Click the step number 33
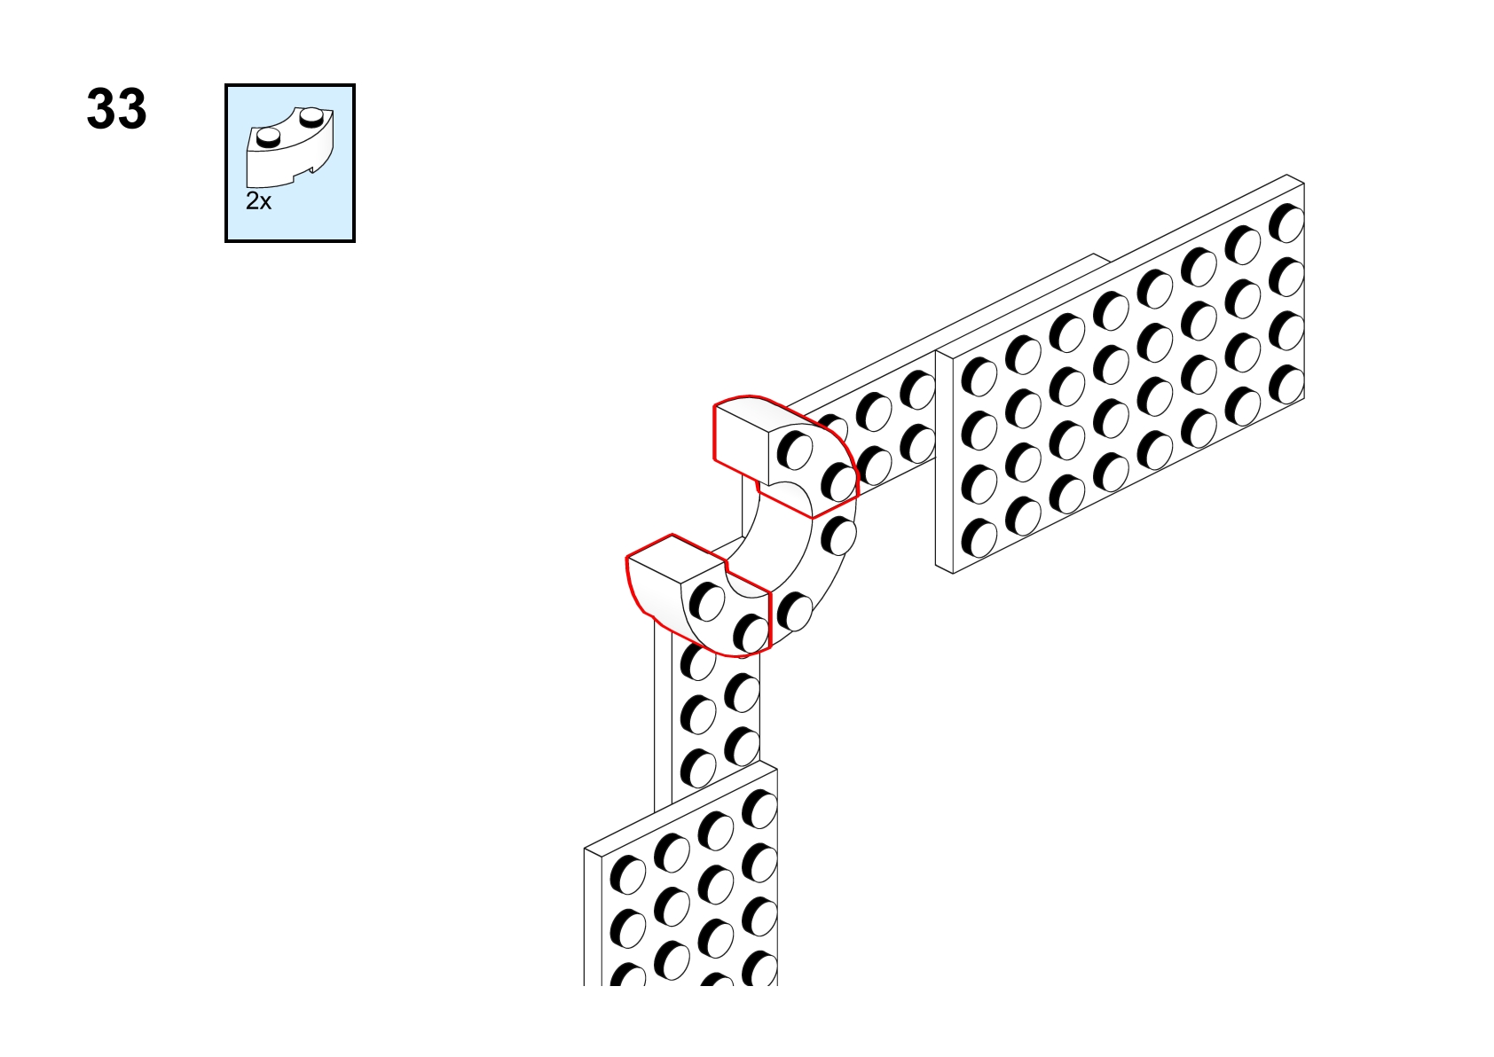116,109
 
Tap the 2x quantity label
259,201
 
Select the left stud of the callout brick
268,138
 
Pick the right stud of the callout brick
311,118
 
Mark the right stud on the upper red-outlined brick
838,482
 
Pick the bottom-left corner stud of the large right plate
979,538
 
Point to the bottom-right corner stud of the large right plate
1286,385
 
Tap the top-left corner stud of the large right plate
979,377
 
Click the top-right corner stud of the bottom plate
759,809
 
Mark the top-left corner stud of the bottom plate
627,874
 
